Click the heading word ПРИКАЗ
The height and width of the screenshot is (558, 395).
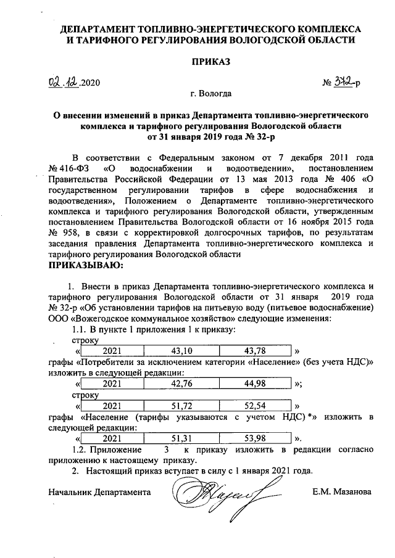(x=211, y=62)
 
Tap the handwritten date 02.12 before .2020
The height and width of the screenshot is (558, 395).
(x=65, y=81)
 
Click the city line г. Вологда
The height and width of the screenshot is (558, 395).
(x=211, y=94)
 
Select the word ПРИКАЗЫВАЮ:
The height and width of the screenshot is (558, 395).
(x=86, y=266)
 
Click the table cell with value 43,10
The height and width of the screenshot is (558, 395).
(x=182, y=350)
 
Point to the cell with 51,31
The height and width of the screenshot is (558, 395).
(x=182, y=438)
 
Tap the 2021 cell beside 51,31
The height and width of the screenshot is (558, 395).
(x=112, y=438)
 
